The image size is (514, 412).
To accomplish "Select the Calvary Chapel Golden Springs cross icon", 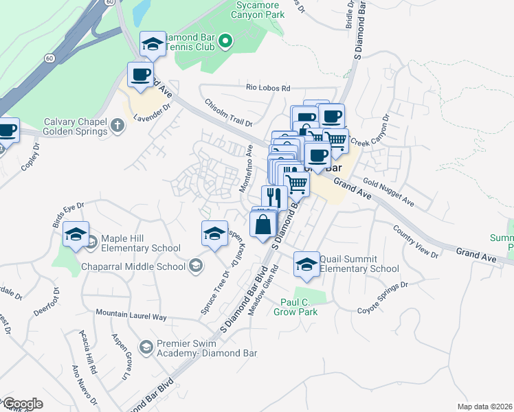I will [118, 125].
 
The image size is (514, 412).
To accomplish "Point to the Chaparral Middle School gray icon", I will [196, 266].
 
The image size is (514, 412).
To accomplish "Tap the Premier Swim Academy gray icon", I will [145, 348].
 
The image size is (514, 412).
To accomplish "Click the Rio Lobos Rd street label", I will [269, 88].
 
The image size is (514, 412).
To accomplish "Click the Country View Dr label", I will [416, 242].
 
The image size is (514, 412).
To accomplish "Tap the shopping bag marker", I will [264, 224].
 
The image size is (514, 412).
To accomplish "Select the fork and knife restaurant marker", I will [274, 198].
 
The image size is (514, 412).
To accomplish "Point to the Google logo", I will [22, 404].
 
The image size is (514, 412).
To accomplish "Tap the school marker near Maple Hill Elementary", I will [76, 235].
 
